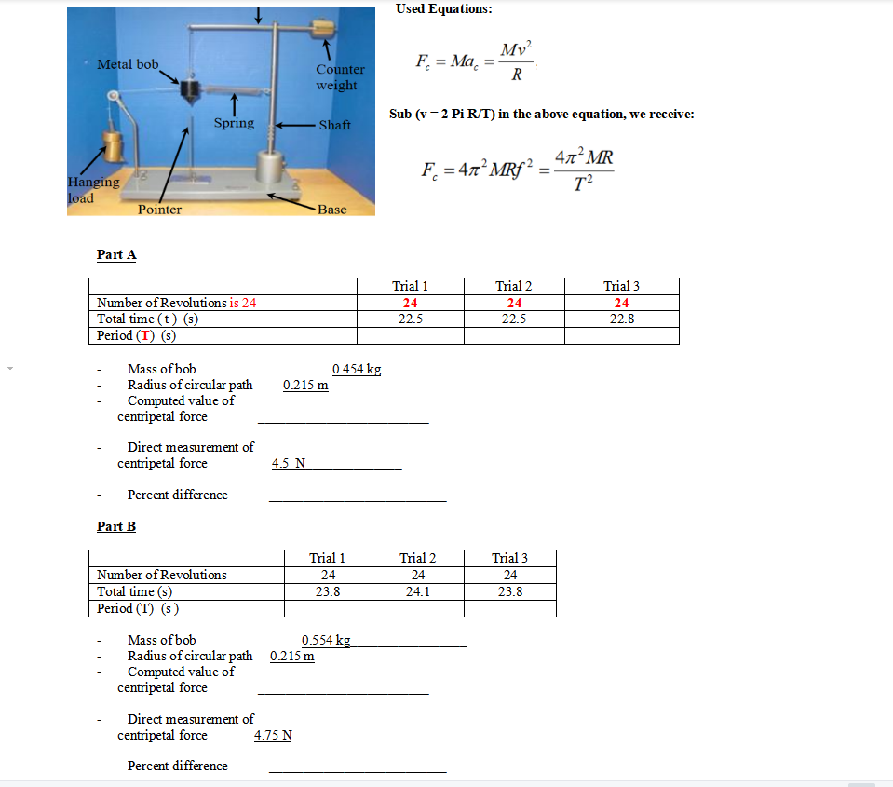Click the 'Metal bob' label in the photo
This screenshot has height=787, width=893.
coord(128,64)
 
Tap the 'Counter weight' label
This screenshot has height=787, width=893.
coord(339,77)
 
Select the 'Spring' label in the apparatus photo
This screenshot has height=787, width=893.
coord(233,123)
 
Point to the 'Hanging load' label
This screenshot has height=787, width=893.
coord(93,190)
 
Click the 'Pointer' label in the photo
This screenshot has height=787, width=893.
coord(159,210)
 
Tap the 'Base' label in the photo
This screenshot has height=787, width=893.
coord(331,210)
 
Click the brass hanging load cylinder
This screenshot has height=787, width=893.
coord(116,146)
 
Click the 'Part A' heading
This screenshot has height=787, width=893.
coord(116,254)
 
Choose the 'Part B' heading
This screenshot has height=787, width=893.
coord(116,526)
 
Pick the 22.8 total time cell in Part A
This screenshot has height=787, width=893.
coord(621,319)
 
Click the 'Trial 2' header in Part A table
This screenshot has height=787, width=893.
coord(514,286)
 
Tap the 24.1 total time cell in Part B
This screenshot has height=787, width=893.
coord(418,591)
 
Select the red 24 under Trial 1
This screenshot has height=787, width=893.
coord(410,303)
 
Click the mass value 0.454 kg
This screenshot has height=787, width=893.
coord(356,369)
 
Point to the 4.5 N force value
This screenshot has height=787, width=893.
coord(288,463)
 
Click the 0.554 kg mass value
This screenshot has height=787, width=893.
coord(326,640)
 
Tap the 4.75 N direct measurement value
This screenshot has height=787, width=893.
coord(273,735)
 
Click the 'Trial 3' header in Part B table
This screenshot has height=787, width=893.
coord(509,558)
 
